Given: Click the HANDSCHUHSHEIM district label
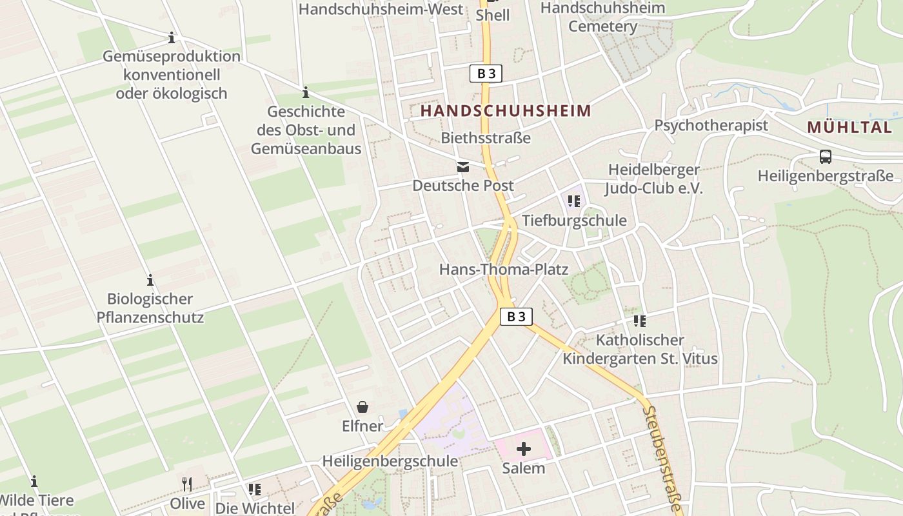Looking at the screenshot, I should coord(505,111).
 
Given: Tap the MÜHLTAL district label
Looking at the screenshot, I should coord(849,127).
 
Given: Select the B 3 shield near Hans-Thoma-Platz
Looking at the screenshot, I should coord(517,317).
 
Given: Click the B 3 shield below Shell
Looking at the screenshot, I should coord(486,74).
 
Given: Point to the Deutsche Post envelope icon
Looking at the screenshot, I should coord(463,167).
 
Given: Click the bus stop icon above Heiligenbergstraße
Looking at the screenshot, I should coord(825,157).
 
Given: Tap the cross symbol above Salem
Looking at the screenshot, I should coord(524,449).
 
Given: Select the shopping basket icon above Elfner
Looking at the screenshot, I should coord(362,407).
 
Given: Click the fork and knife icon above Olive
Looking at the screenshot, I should coord(187,484).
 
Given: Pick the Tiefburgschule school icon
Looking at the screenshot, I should coord(573,201).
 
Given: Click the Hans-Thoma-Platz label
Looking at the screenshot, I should coord(504,269).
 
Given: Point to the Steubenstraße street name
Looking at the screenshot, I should coord(662,459).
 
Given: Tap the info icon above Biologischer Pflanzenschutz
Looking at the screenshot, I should coord(150,281).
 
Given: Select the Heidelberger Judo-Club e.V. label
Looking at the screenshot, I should coord(653,179).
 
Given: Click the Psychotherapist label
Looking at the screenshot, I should coord(711,125).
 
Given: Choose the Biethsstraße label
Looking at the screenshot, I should coord(486,137).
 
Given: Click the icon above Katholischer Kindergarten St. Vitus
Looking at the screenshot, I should coord(639,321).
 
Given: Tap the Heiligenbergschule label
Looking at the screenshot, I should coord(390,461).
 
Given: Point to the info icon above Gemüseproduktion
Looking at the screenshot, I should coord(172,38).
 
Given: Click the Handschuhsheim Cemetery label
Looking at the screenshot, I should coord(602,17).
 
